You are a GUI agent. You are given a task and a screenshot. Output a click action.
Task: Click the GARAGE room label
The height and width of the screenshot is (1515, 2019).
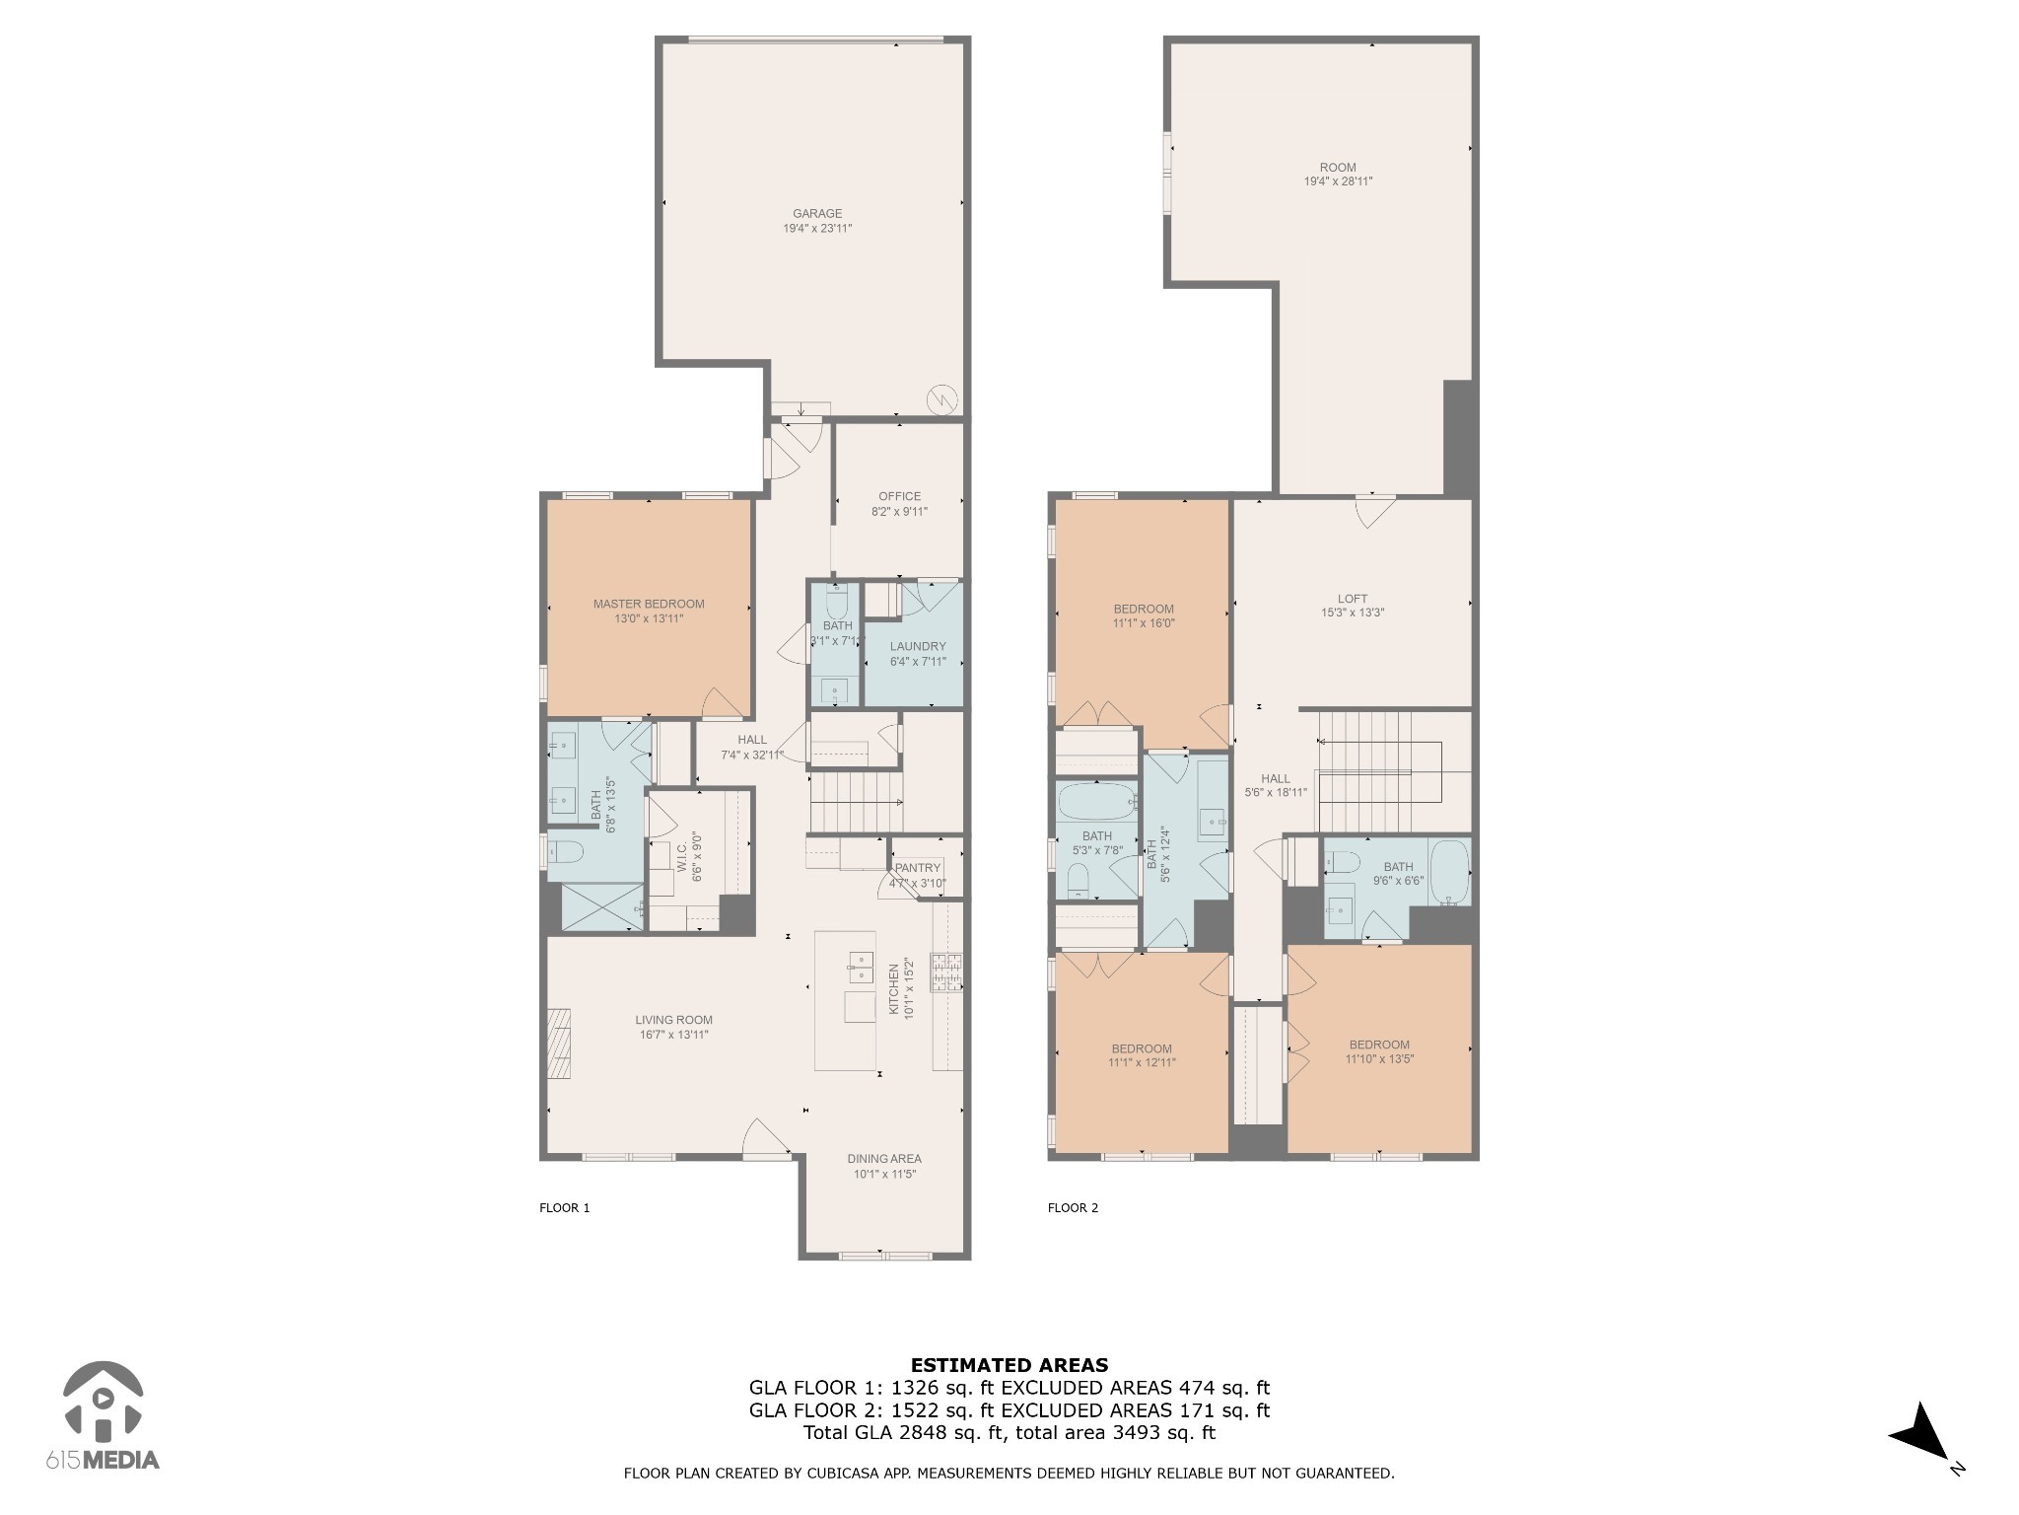click(x=817, y=214)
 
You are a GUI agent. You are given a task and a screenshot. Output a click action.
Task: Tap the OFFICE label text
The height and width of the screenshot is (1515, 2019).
click(x=899, y=497)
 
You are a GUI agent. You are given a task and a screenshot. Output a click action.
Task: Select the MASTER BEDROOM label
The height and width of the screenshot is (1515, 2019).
click(x=649, y=605)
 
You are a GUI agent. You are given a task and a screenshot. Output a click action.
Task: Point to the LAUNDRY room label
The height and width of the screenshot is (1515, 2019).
click(x=918, y=647)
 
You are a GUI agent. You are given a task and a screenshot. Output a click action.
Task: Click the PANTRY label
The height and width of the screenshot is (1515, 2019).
click(x=918, y=868)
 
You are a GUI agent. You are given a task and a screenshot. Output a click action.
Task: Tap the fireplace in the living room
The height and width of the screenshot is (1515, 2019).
click(x=559, y=1045)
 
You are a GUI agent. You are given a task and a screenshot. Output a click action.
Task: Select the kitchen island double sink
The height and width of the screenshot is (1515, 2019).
click(x=861, y=968)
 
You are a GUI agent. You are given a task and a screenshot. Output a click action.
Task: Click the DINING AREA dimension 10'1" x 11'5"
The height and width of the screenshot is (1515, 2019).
click(x=884, y=1175)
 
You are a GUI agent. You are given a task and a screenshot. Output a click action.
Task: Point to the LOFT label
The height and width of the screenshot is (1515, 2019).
click(x=1352, y=599)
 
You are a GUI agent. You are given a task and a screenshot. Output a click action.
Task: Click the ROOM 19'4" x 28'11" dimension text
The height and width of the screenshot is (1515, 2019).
click(x=1338, y=181)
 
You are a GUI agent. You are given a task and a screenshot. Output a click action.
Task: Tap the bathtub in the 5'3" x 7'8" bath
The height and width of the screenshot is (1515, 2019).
click(x=1096, y=803)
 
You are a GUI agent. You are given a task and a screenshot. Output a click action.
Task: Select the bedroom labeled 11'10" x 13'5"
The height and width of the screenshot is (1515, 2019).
click(x=1378, y=1052)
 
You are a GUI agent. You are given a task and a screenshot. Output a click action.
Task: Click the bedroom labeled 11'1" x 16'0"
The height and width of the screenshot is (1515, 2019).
click(x=1143, y=616)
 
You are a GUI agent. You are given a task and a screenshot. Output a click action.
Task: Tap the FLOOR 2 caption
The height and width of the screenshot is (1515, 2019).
click(x=1073, y=1208)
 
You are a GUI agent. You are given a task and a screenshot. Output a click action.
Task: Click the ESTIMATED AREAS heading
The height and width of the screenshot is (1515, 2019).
click(x=1009, y=1366)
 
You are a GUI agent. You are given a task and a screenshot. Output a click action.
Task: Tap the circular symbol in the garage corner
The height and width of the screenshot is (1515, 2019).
click(x=941, y=399)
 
